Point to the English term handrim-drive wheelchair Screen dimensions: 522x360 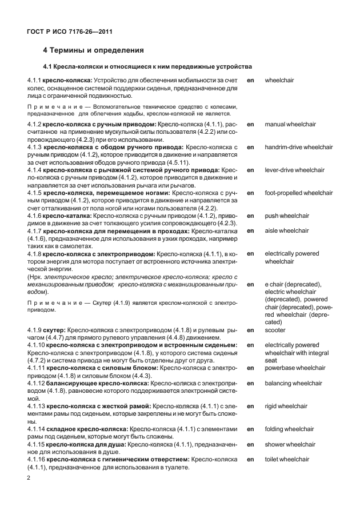tap(298, 147)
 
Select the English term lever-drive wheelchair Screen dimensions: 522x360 tap(294, 170)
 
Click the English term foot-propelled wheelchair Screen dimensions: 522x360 tap(298, 193)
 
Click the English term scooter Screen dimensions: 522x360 tap(275, 330)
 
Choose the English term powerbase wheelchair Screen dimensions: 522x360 tap(295, 368)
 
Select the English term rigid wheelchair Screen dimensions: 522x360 tap(286, 406)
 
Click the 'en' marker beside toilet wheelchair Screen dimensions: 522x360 tap(250, 459)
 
